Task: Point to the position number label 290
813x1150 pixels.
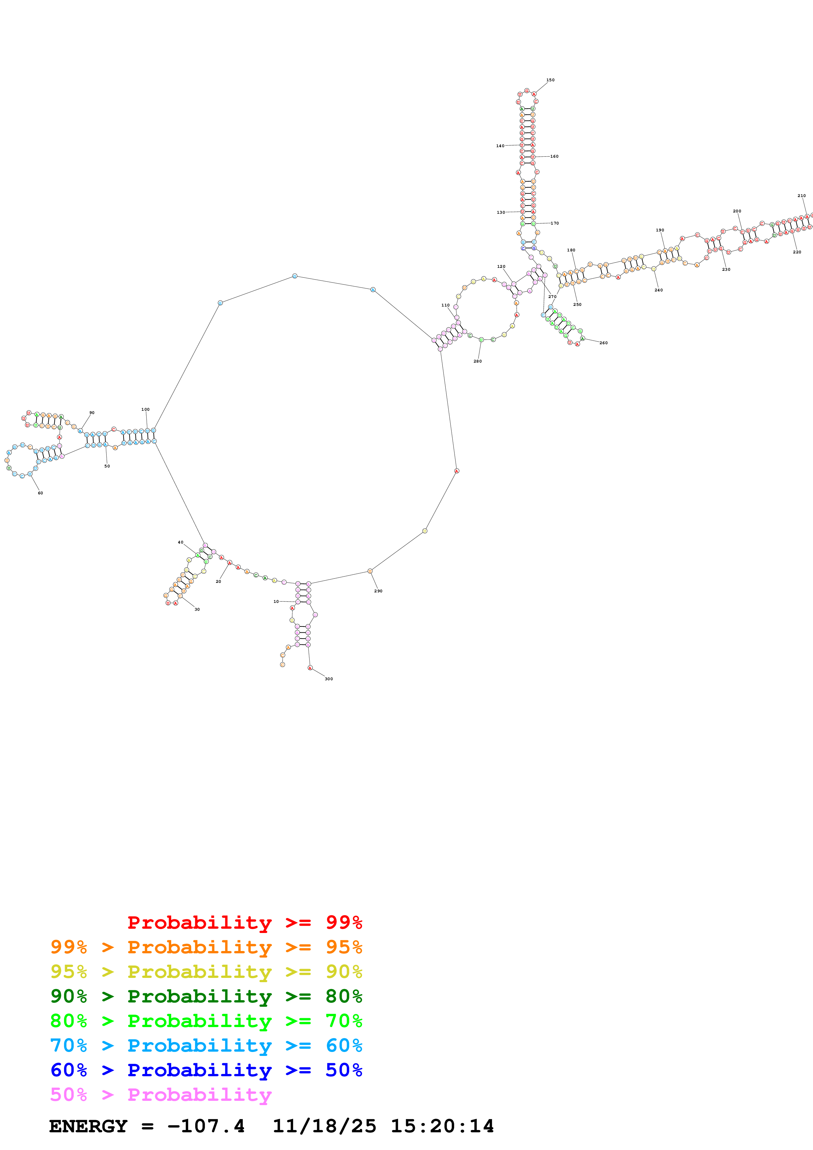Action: click(x=378, y=591)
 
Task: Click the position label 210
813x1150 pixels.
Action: click(x=802, y=196)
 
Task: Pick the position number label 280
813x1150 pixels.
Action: click(x=478, y=361)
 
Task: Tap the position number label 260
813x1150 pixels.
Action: click(x=604, y=343)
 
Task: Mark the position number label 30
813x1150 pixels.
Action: click(x=197, y=609)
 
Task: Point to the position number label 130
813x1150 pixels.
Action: click(x=500, y=212)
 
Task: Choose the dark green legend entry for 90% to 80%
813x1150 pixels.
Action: click(x=206, y=996)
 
